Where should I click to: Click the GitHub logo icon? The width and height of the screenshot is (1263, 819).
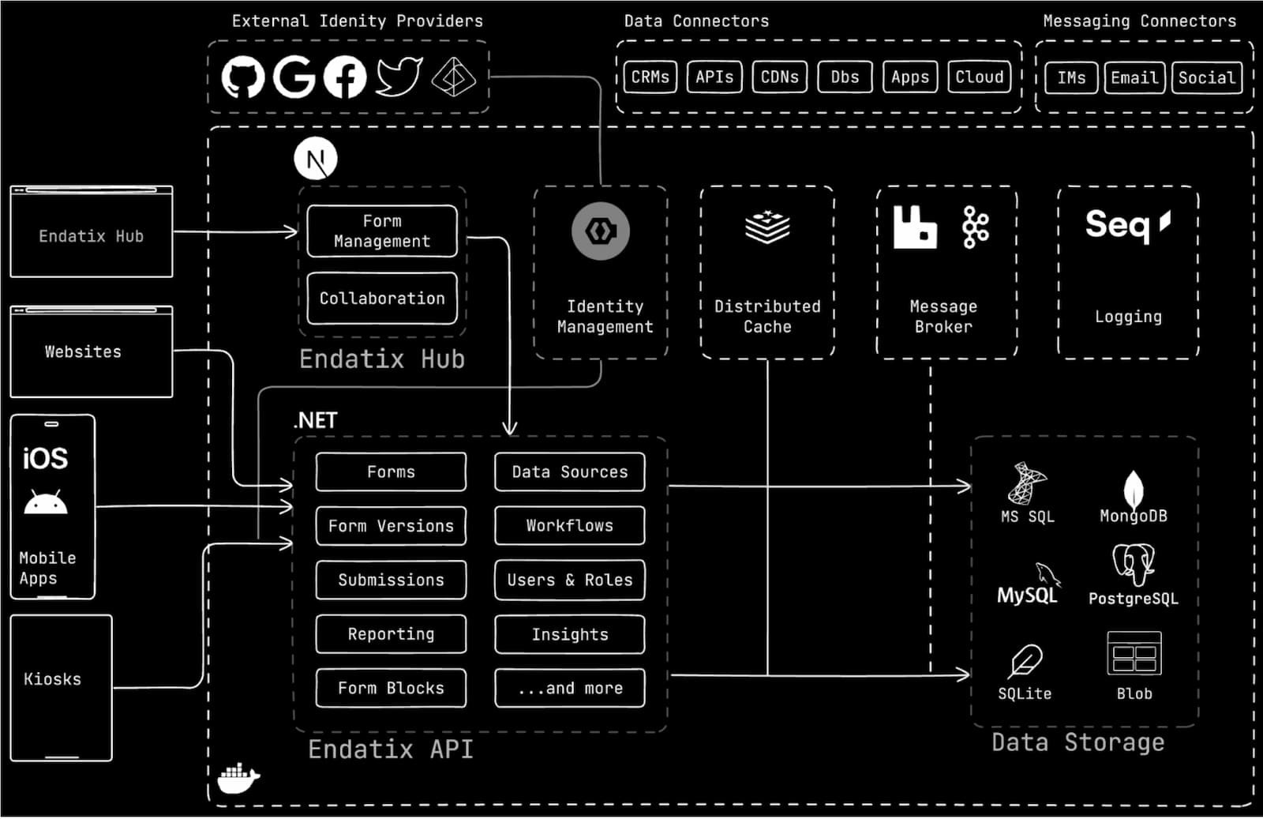[242, 77]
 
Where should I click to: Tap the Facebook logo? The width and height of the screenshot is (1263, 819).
[345, 77]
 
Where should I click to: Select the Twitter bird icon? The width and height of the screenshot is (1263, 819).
[399, 77]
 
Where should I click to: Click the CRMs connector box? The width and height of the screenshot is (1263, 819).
[650, 77]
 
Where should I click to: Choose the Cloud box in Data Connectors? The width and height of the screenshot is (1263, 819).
[979, 77]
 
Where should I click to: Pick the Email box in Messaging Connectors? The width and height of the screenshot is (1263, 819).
[1134, 78]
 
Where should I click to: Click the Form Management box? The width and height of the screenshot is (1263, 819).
[382, 231]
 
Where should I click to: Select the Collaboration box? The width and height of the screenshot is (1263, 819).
[382, 299]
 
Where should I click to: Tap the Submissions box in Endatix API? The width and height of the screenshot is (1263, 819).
[391, 580]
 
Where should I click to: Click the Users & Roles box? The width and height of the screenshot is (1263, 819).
[570, 580]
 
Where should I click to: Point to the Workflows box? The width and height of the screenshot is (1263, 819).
[570, 526]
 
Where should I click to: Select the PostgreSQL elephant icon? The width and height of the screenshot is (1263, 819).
[1134, 564]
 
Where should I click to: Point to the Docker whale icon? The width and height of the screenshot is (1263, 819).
[238, 778]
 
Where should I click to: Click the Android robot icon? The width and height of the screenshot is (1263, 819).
[46, 502]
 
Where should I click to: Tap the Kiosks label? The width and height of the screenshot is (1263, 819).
[52, 679]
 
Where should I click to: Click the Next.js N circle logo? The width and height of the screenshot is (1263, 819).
[316, 159]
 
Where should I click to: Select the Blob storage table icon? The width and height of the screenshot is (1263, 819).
[1134, 653]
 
